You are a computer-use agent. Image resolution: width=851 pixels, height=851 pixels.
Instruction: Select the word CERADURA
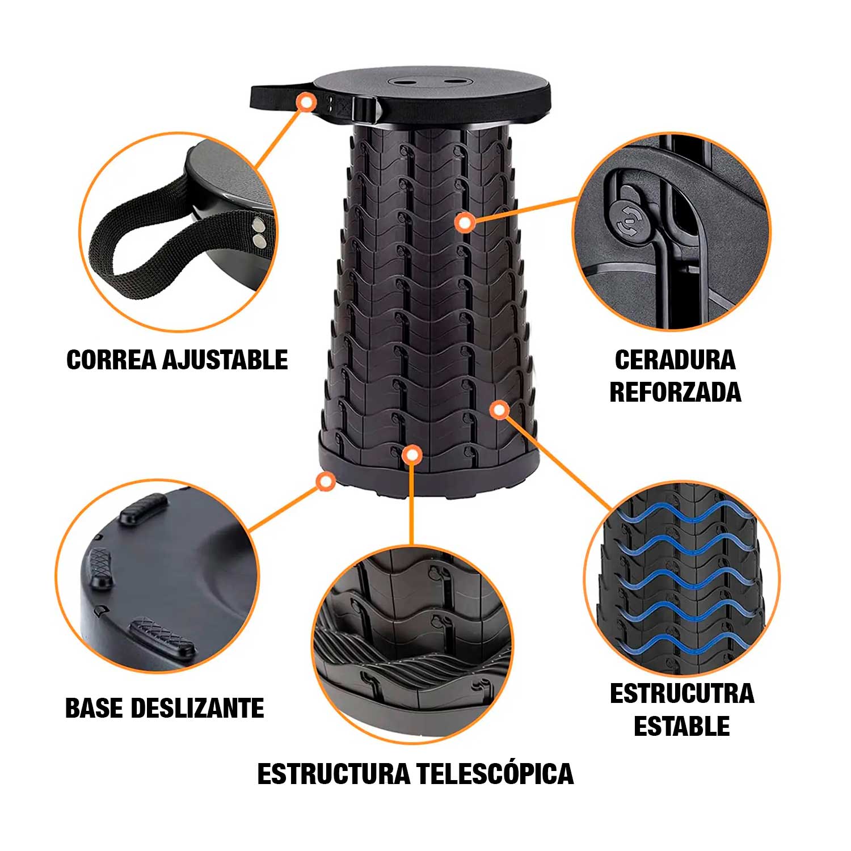pyautogui.click(x=675, y=360)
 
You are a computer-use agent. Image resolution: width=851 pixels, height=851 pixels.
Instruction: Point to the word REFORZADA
pyautogui.click(x=675, y=392)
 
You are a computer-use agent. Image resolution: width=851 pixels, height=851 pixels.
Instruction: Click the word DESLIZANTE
pyautogui.click(x=197, y=708)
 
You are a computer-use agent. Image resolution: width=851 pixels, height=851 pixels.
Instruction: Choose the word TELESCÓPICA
pyautogui.click(x=495, y=774)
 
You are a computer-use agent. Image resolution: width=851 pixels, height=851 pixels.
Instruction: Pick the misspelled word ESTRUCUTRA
pyautogui.click(x=682, y=694)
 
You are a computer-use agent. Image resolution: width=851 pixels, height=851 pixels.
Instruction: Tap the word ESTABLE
pyautogui.click(x=682, y=726)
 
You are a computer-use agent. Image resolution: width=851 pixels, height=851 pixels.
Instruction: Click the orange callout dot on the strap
pyautogui.click(x=307, y=102)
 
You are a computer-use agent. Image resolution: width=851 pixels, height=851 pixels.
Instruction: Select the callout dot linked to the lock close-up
pyautogui.click(x=465, y=223)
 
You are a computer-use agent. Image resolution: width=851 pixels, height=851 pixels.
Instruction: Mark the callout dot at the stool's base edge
pyautogui.click(x=325, y=482)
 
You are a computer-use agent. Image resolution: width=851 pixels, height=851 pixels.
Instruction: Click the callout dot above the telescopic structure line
pyautogui.click(x=411, y=454)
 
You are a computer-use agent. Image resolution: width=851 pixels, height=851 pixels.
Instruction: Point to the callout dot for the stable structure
pyautogui.click(x=499, y=410)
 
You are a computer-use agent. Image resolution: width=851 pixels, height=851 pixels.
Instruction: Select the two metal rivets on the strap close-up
pyautogui.click(x=259, y=233)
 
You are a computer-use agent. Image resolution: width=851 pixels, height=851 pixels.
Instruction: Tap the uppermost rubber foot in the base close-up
pyautogui.click(x=144, y=508)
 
